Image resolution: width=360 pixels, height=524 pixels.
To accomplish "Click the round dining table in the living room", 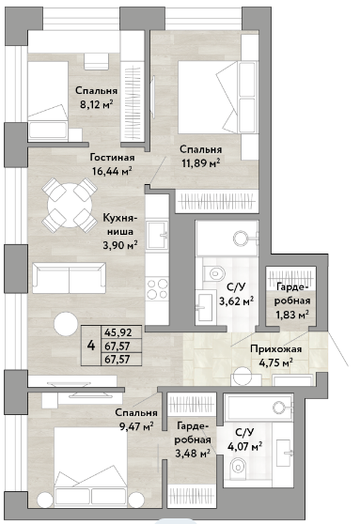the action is (70, 205).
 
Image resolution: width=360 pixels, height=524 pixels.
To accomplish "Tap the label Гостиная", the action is (112, 158).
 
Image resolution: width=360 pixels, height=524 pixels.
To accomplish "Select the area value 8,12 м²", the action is (96, 104).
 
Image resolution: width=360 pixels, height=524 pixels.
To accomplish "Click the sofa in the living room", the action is (69, 277).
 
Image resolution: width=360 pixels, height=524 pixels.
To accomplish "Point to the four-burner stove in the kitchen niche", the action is (157, 288).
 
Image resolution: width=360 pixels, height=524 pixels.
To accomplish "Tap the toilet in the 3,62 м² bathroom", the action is (213, 271).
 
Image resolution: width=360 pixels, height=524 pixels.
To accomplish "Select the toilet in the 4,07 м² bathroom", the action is (238, 466).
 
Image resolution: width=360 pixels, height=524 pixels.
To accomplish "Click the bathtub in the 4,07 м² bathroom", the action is (259, 407).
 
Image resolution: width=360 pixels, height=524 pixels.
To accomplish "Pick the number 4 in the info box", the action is (91, 346).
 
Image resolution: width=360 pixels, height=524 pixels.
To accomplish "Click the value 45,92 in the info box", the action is (118, 332).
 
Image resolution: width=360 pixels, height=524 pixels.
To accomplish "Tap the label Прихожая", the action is (276, 349).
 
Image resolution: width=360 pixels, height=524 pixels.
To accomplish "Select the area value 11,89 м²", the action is (201, 163).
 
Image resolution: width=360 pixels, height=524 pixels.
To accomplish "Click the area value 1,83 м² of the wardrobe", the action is (291, 315).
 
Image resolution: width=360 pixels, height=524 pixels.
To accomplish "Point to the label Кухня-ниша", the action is (118, 223).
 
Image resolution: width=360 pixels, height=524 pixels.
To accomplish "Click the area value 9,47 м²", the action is (136, 426).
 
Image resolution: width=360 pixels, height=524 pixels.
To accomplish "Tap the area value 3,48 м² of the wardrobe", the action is (193, 454).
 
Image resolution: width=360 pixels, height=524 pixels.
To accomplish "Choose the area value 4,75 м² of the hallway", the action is (276, 362).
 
